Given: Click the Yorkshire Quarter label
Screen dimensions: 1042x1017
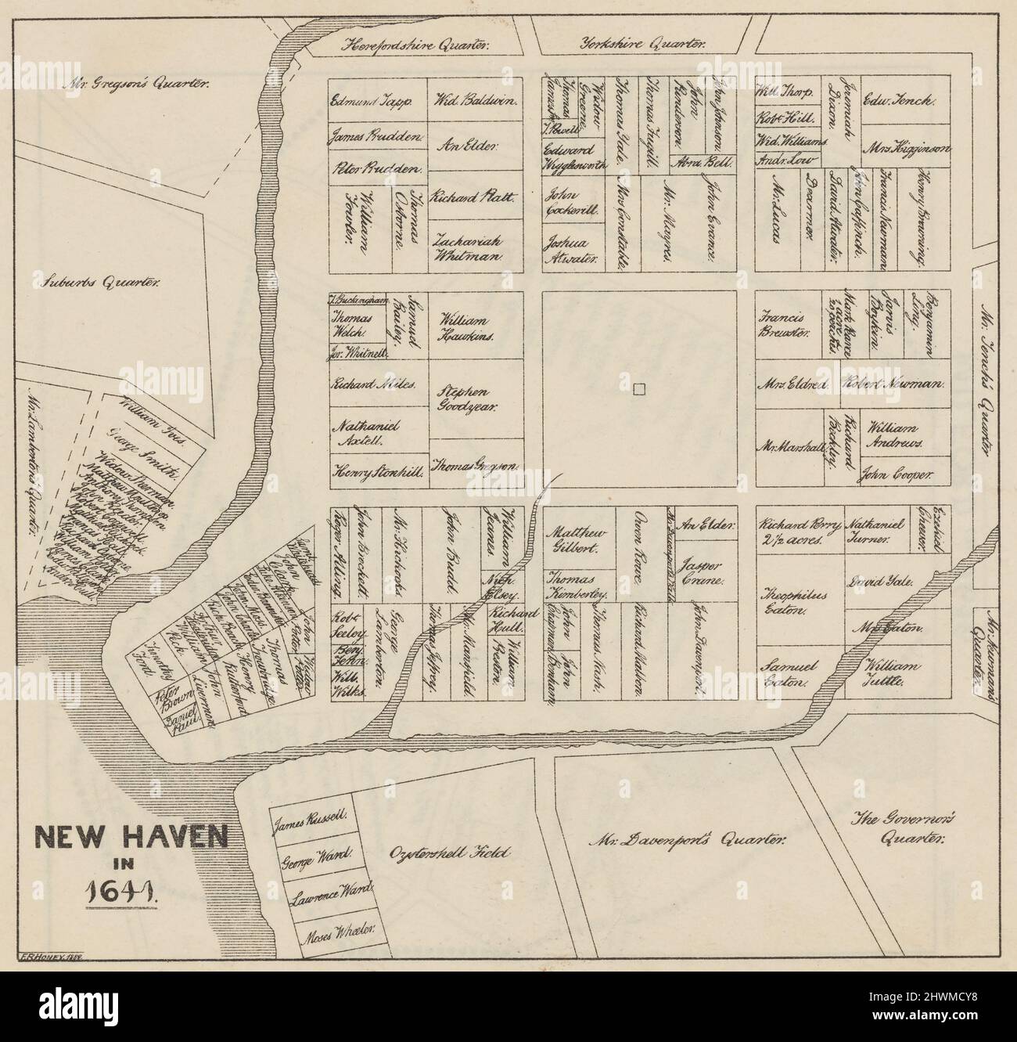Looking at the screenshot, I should click(x=642, y=45).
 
